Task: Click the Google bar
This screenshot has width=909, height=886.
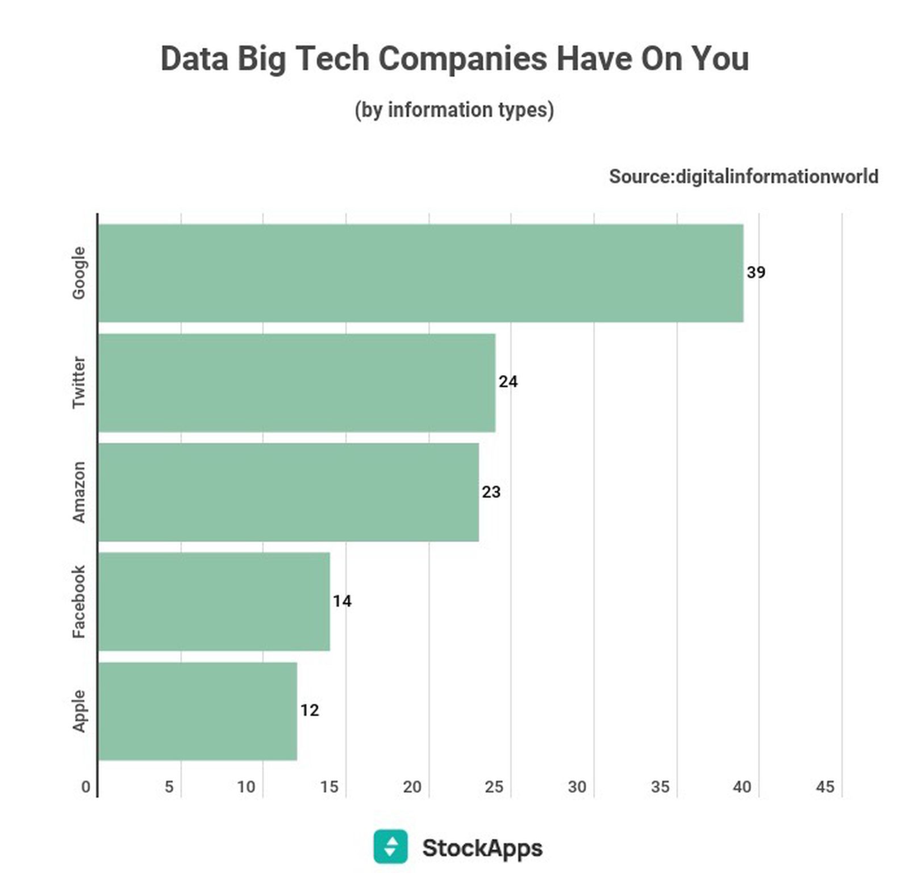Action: tap(420, 273)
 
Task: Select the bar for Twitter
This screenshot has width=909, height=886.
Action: tap(297, 382)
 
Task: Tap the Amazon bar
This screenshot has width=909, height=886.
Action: tap(288, 492)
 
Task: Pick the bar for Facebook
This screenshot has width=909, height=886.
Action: tap(214, 601)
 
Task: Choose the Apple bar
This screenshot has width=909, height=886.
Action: tap(197, 711)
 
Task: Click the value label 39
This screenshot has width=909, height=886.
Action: tap(756, 272)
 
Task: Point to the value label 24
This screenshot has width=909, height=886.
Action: tap(508, 382)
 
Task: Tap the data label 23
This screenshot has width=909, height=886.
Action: tap(491, 492)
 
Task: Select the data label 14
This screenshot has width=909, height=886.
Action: tap(342, 601)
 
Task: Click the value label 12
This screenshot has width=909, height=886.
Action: tap(309, 710)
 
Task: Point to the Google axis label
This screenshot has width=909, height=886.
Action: tap(78, 273)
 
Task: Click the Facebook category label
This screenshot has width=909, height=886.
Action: tap(78, 601)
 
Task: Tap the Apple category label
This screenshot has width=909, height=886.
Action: tap(78, 711)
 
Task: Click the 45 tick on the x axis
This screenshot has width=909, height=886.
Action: tap(825, 787)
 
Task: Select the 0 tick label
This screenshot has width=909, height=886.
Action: tap(86, 787)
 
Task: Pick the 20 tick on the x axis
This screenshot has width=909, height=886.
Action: tap(412, 787)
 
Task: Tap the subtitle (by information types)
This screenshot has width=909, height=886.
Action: tap(454, 110)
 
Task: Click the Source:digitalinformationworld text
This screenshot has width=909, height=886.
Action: tap(744, 177)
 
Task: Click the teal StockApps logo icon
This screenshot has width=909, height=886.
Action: tap(390, 846)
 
